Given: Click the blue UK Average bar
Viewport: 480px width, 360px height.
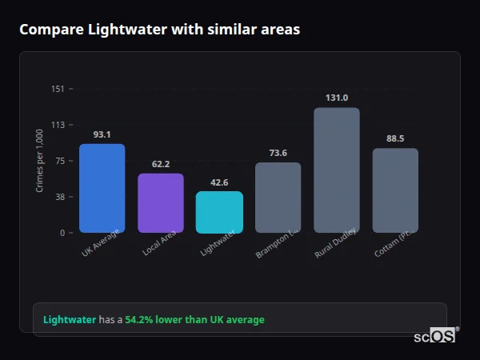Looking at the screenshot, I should (x=102, y=189).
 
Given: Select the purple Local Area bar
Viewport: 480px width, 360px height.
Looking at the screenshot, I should (x=161, y=203).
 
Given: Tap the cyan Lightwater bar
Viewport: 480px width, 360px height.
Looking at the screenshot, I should (x=219, y=212).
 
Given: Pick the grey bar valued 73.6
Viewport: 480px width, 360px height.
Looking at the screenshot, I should (x=278, y=198).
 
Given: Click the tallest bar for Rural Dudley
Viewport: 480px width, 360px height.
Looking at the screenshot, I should (x=336, y=170).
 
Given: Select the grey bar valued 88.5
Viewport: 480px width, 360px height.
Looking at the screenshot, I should (x=395, y=190).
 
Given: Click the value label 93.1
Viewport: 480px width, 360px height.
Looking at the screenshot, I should (x=102, y=134).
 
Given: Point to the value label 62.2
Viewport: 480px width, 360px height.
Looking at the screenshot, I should (x=161, y=164).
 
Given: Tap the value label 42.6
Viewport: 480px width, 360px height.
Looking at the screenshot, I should (x=219, y=182).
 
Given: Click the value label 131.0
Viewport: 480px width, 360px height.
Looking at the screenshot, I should (x=336, y=98).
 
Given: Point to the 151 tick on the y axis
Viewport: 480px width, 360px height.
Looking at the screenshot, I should (x=58, y=89).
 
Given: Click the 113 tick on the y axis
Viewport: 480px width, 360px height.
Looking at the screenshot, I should (x=58, y=125).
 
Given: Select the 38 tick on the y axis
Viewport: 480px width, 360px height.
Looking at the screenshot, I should (x=59, y=197).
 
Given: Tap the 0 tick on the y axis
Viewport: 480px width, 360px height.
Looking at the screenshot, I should (x=62, y=233).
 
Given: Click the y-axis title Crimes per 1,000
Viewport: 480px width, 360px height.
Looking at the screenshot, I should (x=40, y=161).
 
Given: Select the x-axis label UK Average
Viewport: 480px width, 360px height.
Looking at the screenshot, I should (x=101, y=243).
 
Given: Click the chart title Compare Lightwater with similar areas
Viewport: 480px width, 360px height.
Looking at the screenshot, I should (x=160, y=30).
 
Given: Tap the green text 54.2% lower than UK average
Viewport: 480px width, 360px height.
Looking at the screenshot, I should (x=194, y=320).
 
